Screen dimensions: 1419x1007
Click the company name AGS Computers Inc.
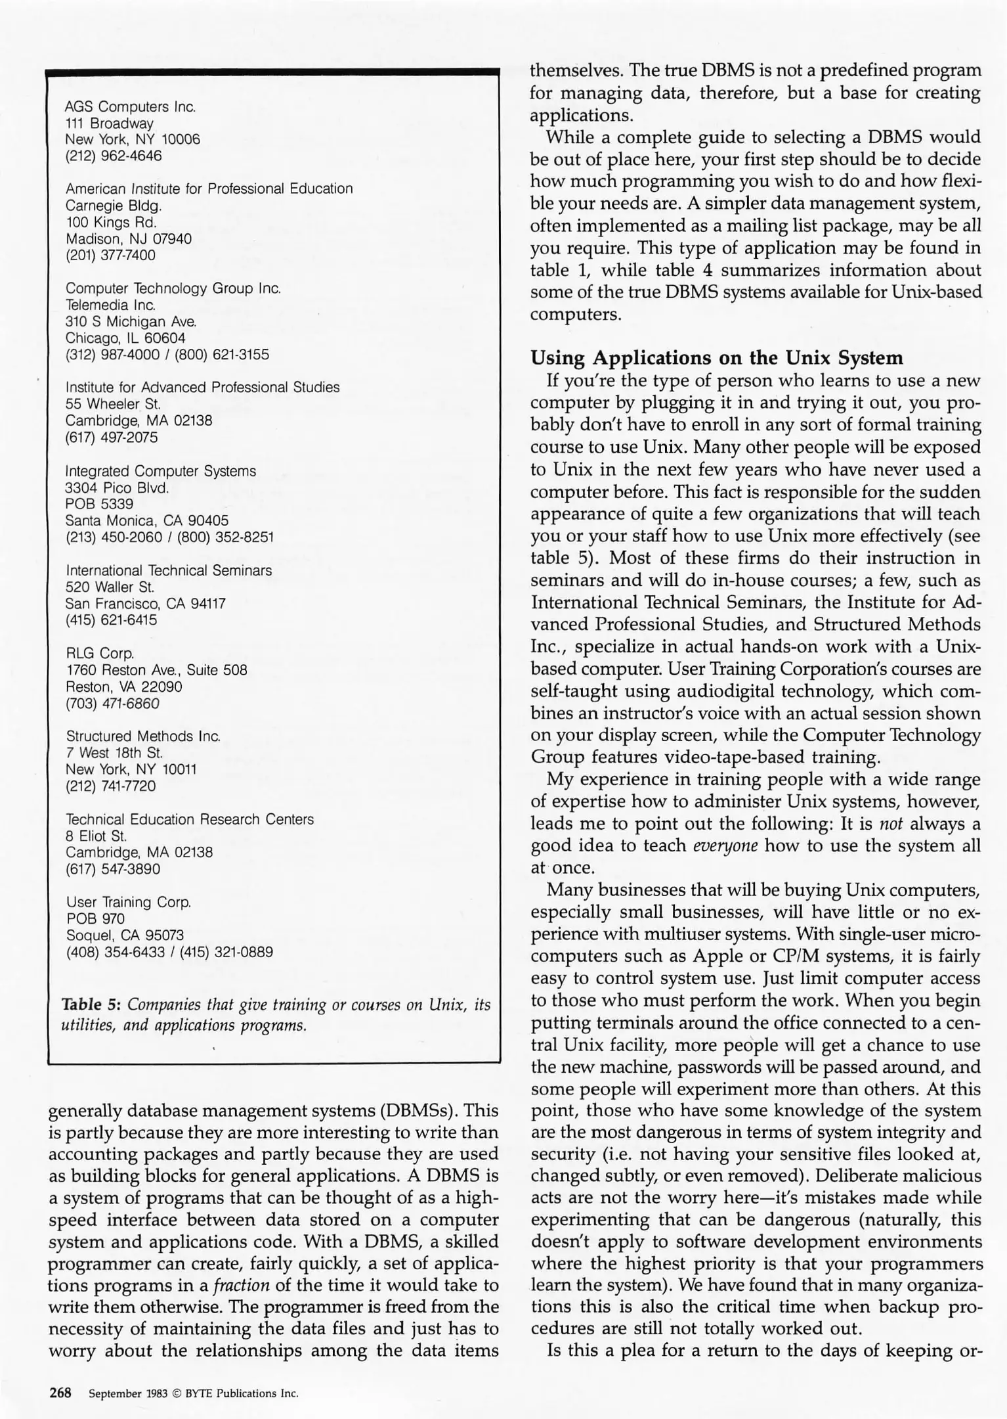[x=131, y=106]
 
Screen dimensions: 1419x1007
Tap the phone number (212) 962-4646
[x=113, y=156]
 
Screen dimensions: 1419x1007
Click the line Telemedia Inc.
[x=110, y=305]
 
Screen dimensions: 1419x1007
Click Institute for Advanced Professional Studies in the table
[x=202, y=387]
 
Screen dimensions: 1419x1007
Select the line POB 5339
[x=99, y=504]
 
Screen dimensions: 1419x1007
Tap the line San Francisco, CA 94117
[x=145, y=603]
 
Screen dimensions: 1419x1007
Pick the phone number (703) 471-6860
[x=112, y=704]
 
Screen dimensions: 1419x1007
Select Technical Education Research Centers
[x=190, y=819]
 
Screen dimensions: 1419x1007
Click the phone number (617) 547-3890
[x=113, y=869]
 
